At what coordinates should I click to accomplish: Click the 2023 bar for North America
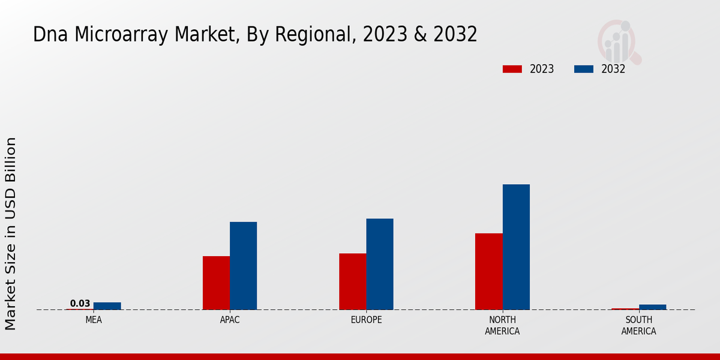point(488,271)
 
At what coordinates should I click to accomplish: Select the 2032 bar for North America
point(516,247)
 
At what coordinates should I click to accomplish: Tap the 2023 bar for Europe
point(352,281)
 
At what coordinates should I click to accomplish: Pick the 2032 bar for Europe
point(380,264)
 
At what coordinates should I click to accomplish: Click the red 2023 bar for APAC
point(216,283)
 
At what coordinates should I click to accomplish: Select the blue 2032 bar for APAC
point(243,266)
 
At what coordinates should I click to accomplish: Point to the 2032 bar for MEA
point(107,306)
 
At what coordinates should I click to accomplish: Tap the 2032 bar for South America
point(652,307)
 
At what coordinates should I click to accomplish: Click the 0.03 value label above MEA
point(80,304)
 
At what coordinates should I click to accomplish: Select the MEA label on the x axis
point(94,320)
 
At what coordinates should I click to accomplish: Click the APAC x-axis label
point(230,320)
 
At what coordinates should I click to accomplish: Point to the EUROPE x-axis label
point(366,320)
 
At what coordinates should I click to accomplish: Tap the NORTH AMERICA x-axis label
point(502,325)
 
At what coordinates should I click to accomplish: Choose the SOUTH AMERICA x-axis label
point(638,325)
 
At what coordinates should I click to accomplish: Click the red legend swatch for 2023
point(512,69)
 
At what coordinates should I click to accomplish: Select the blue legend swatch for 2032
point(583,69)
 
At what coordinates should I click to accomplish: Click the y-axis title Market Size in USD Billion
point(11,233)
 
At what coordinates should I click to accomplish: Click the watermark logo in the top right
point(619,41)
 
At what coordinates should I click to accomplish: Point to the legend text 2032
point(613,69)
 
